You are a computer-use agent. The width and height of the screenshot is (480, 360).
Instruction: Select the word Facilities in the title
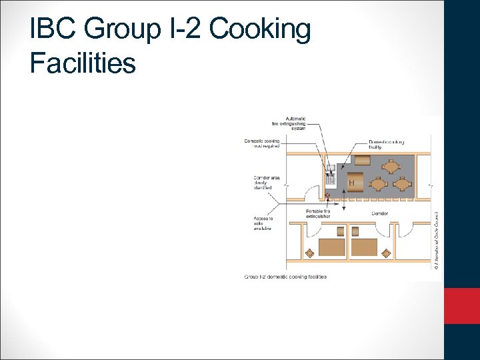click(x=83, y=63)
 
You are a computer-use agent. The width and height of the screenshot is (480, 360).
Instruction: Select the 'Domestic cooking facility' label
click(x=387, y=145)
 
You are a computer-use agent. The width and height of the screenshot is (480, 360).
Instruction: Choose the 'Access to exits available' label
click(x=262, y=223)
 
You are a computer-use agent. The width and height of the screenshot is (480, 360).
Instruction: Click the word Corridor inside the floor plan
click(x=381, y=213)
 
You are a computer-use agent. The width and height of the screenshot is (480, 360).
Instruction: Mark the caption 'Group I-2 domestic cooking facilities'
click(x=285, y=277)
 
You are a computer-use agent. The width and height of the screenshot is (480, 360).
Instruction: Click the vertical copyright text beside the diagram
click(x=436, y=241)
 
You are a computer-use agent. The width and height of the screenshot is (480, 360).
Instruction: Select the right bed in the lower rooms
click(x=364, y=247)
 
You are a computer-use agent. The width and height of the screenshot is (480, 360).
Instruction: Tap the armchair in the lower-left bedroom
click(x=309, y=253)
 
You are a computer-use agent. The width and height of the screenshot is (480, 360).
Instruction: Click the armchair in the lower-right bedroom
click(x=386, y=253)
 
